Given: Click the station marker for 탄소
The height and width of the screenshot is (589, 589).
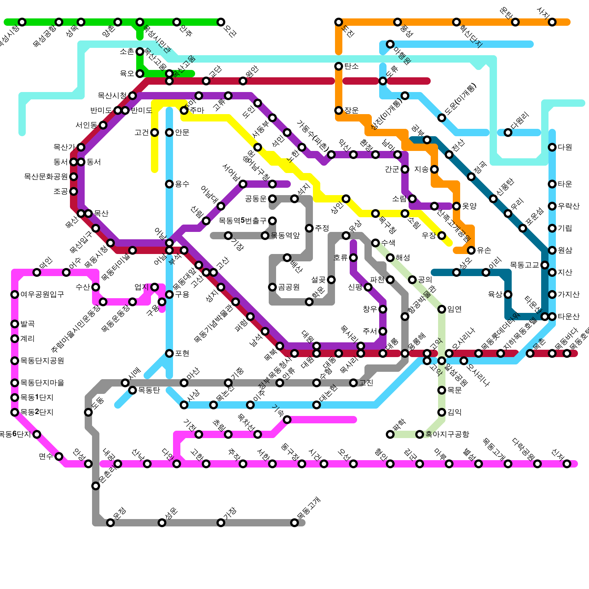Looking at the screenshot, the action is click(339, 66).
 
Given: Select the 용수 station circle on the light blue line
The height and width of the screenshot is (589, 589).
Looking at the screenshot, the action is click(169, 184).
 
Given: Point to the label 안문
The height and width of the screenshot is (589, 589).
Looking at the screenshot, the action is click(182, 133).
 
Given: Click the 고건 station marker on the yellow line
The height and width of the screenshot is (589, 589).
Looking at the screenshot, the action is click(155, 133).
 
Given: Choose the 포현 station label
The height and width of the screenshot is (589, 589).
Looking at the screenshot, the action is click(182, 353).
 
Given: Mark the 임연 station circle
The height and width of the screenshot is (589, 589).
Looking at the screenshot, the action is click(442, 309).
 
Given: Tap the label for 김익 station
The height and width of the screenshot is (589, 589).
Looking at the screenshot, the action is click(454, 412).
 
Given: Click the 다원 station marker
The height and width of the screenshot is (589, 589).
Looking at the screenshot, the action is click(552, 147).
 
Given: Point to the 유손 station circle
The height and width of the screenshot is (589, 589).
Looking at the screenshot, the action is click(471, 250).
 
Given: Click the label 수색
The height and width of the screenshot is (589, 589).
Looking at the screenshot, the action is click(388, 243).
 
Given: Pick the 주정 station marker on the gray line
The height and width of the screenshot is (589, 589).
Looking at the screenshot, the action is click(309, 228).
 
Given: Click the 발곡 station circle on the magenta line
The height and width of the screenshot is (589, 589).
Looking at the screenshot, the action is click(15, 324).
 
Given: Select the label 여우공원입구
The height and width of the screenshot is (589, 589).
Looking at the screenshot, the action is click(42, 294).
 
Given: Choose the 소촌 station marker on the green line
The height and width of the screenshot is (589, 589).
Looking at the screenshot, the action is click(140, 52).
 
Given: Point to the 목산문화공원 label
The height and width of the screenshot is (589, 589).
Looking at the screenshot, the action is click(46, 177).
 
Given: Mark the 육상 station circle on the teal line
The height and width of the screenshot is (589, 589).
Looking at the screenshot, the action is click(508, 294).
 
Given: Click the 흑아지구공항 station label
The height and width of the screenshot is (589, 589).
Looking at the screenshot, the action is click(447, 434).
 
